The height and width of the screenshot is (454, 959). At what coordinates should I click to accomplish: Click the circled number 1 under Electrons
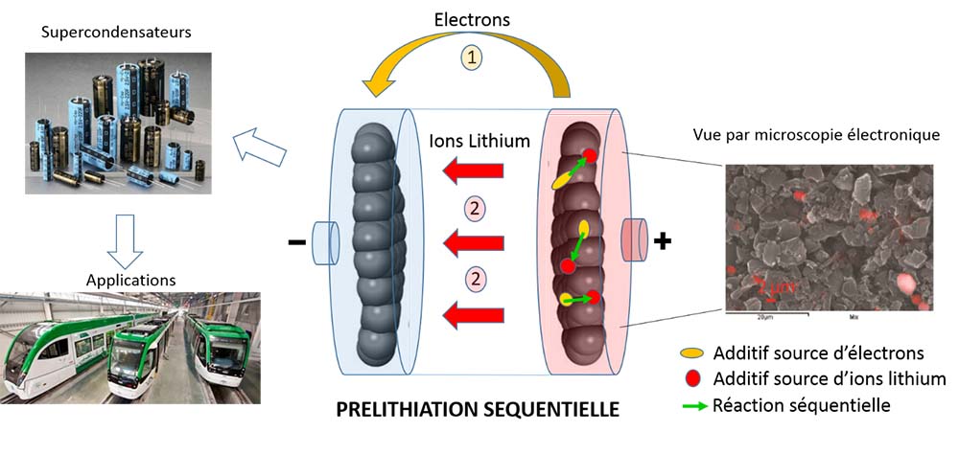point(473,57)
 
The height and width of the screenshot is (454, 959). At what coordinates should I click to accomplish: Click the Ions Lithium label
point(480,142)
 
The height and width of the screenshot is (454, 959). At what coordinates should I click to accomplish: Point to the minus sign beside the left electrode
point(295,243)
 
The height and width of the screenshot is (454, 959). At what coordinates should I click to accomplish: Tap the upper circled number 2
point(471,208)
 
